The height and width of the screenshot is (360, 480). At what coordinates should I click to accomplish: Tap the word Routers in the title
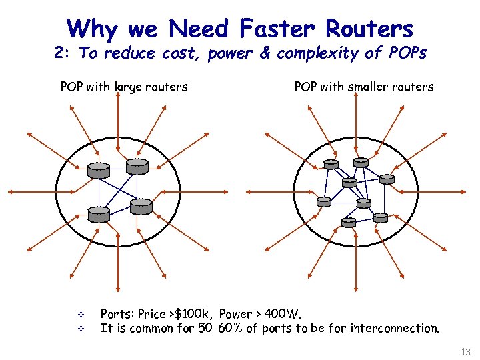369,29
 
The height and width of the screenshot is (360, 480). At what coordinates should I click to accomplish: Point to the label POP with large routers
124,87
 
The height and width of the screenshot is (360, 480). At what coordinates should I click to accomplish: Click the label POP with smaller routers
364,87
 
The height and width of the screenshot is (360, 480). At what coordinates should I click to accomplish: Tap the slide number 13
465,351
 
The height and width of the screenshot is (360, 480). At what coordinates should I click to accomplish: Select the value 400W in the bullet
283,313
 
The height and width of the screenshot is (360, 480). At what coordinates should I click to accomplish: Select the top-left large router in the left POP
99,170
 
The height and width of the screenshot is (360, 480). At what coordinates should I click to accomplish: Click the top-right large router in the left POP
137,166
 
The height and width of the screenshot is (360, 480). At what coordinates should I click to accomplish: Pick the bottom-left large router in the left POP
99,214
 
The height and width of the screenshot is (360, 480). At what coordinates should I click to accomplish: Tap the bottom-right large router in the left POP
141,207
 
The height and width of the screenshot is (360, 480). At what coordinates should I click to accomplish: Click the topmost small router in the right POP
361,162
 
